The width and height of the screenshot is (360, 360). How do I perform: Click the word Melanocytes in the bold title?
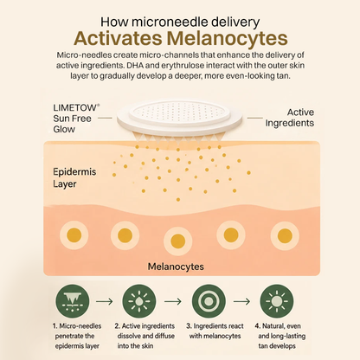228,39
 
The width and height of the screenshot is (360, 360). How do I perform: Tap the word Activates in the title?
118,39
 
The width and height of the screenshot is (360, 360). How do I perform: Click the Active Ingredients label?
290,118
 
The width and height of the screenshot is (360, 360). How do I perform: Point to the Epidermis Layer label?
74,177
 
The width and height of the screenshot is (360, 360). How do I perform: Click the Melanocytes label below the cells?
176,267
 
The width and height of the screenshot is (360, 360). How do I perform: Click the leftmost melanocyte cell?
74,235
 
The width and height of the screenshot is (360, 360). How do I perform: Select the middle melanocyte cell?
177,241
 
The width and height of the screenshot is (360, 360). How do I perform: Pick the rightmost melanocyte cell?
285,235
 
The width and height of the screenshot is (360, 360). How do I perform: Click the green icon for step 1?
73,301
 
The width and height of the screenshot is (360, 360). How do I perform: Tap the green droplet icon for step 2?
139,301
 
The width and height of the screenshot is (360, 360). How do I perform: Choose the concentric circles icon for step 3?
209,301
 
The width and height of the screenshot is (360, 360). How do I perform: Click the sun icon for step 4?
277,301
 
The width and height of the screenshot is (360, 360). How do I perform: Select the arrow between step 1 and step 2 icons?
105,301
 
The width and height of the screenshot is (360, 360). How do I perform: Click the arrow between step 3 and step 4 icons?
241,301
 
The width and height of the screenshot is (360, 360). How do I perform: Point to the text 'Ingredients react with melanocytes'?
215,331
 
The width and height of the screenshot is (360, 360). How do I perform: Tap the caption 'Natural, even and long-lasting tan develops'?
280,336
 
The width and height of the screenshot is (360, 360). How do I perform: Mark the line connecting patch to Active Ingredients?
255,118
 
